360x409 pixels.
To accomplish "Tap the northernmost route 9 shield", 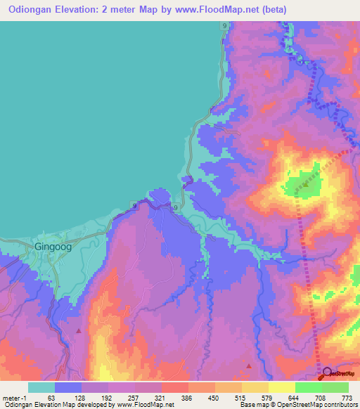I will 224,25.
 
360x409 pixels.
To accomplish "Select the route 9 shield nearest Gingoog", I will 134,205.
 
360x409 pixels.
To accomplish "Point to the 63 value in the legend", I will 51,397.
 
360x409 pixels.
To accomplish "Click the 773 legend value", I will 345,397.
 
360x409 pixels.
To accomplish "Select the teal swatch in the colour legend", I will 41,387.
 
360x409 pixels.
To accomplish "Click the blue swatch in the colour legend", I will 68,387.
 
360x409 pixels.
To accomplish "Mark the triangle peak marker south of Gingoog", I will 79,330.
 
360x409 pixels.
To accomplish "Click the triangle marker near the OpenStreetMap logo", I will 249,365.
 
